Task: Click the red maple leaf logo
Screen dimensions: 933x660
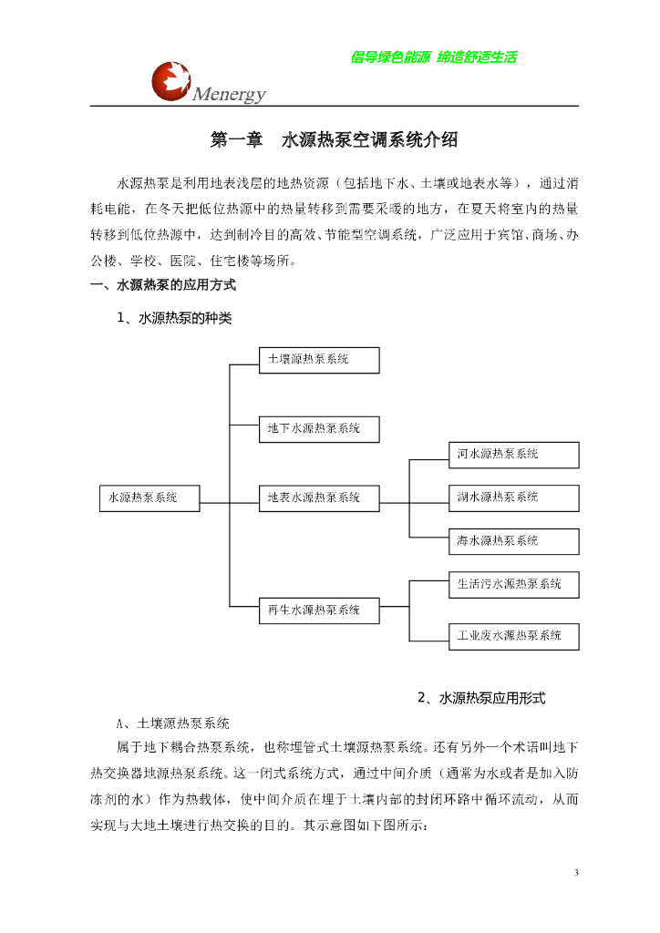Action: [x=171, y=79]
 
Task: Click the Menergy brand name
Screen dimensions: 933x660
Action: [x=229, y=94]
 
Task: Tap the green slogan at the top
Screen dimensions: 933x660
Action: [x=433, y=57]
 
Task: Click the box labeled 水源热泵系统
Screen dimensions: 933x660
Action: [x=149, y=498]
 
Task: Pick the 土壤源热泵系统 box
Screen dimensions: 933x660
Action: [x=318, y=360]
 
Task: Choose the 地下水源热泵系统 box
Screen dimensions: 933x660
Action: [x=318, y=429]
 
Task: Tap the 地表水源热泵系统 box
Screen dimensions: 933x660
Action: [x=318, y=498]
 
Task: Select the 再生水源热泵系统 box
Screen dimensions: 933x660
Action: [x=318, y=610]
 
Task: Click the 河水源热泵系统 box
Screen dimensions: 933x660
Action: [x=513, y=455]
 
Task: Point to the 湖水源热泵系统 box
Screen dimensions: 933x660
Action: [x=513, y=497]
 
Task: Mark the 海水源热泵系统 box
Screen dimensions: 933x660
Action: [x=513, y=541]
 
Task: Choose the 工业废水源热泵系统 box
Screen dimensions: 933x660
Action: [x=513, y=636]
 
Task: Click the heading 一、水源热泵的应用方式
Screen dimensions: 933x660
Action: [x=163, y=285]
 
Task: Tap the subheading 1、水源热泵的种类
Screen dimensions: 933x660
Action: [x=175, y=318]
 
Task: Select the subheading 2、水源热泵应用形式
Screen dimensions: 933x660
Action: [x=480, y=698]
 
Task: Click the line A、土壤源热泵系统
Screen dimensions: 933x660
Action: [x=172, y=724]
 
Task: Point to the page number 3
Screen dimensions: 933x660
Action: [x=575, y=874]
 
